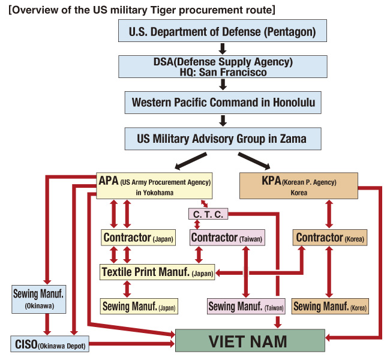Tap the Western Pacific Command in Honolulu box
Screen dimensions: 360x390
(223, 103)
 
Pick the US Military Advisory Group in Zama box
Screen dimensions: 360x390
(223, 139)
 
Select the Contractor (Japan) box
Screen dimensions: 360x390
(138, 238)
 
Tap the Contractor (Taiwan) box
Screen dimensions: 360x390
(227, 238)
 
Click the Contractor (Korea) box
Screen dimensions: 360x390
(329, 238)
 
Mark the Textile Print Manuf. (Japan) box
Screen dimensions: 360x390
(158, 272)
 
